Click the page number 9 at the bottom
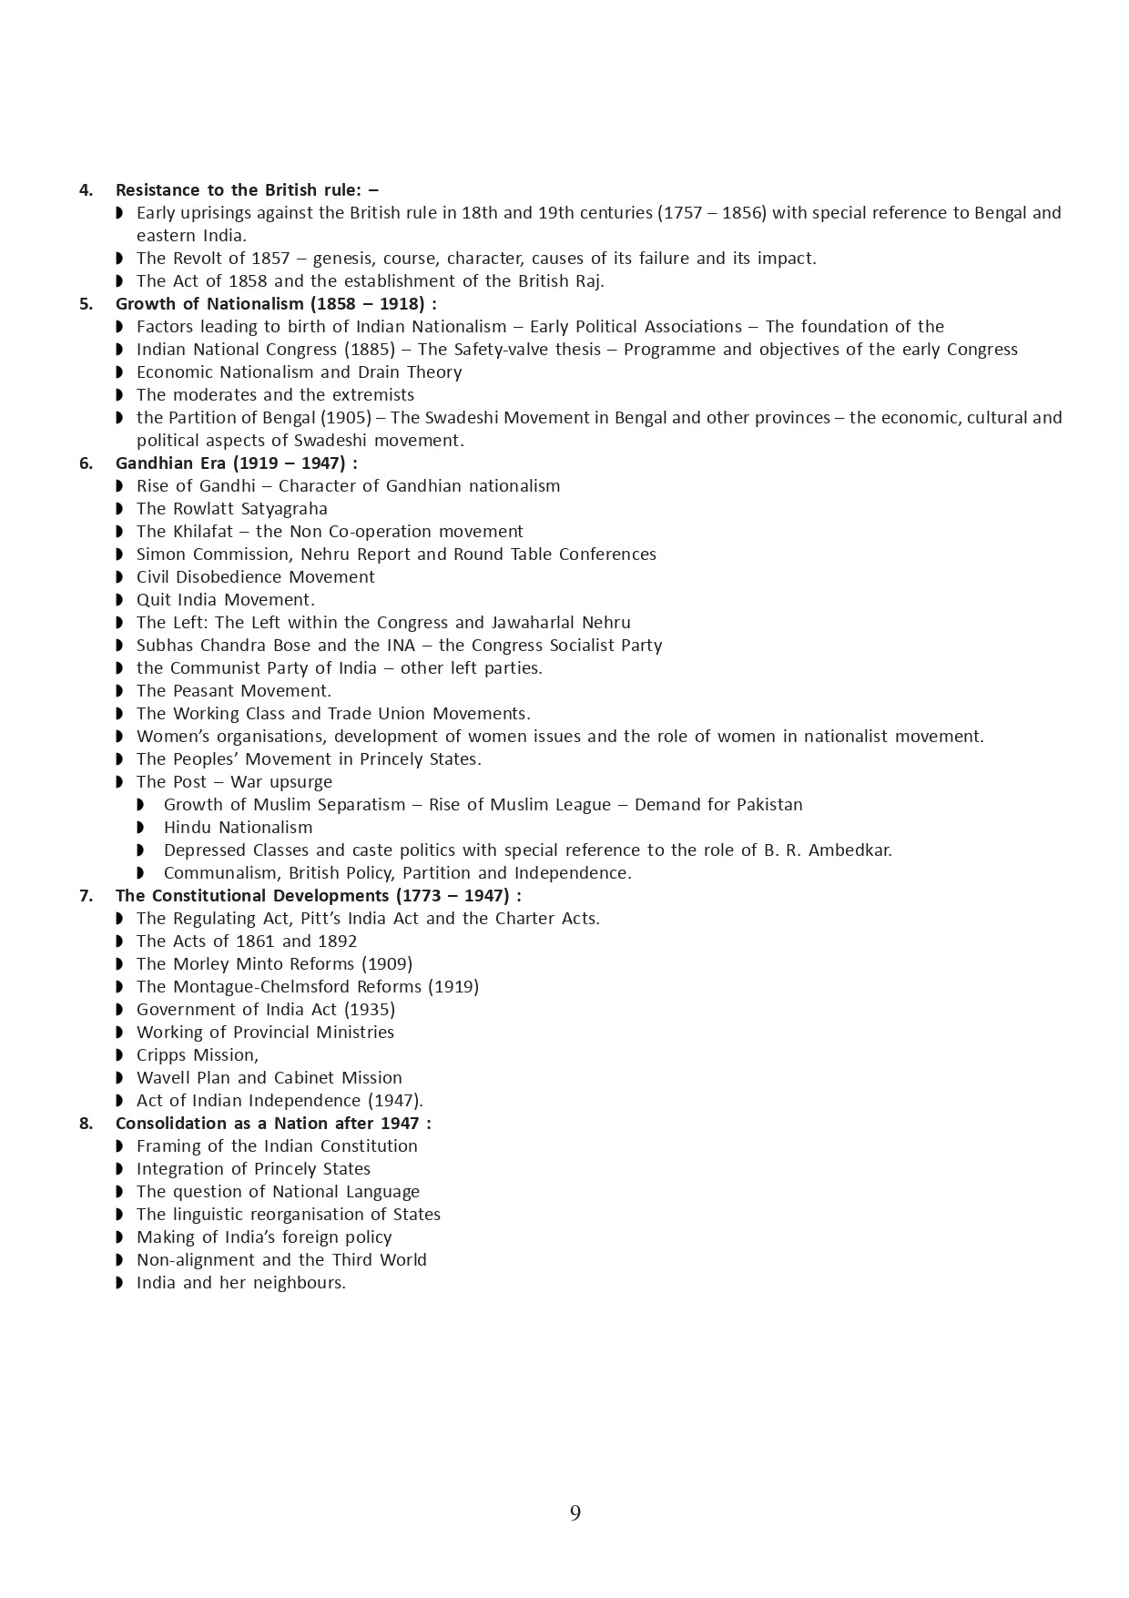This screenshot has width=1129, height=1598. tap(575, 1513)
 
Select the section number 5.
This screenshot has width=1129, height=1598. tap(86, 304)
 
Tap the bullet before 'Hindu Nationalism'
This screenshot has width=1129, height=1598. tap(140, 828)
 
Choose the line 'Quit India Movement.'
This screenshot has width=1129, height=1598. tap(226, 600)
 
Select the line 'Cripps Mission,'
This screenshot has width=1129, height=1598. tap(198, 1055)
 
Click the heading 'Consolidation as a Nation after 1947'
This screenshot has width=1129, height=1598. tap(273, 1124)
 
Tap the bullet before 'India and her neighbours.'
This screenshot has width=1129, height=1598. tap(120, 1283)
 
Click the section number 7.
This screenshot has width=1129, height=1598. tap(86, 896)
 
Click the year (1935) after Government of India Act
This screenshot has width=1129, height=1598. tap(370, 1010)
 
